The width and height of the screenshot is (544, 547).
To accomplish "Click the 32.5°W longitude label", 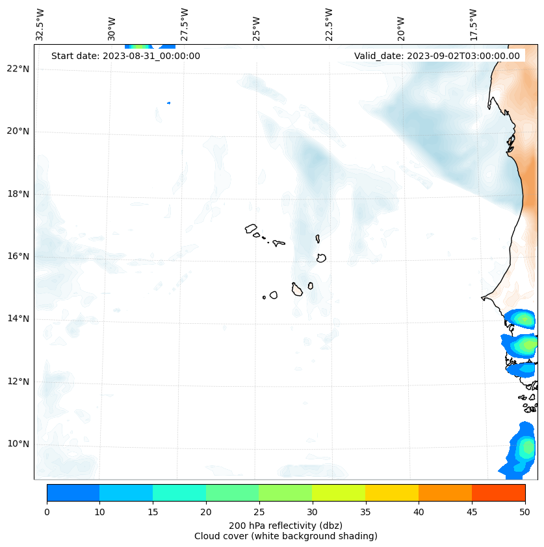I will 40,25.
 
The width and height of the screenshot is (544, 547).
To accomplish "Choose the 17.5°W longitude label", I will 473,25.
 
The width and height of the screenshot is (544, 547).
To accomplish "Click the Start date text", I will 125,56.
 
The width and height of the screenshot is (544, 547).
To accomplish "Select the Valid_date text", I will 437,56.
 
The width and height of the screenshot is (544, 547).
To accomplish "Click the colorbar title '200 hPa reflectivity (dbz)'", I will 285,525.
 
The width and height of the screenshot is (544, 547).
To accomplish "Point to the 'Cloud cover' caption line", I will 285,536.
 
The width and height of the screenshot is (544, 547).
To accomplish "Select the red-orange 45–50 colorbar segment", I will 499,492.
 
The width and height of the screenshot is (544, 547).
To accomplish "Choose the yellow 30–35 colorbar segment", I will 339,492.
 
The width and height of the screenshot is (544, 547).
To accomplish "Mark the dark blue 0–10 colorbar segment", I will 73,492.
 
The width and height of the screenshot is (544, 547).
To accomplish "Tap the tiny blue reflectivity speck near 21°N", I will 169,103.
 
